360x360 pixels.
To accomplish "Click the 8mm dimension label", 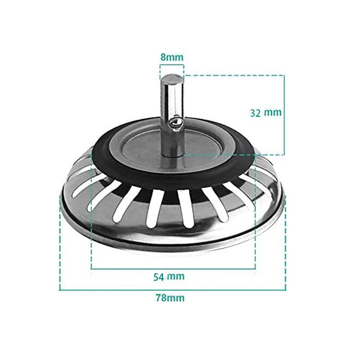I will point(171,56).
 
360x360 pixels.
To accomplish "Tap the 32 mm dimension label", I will point(265,112).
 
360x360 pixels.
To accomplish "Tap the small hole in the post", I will point(175,121).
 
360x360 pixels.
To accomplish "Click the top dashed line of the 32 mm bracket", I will point(235,75).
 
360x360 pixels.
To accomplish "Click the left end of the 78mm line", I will point(60,289).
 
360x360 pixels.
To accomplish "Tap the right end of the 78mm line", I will point(285,289).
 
